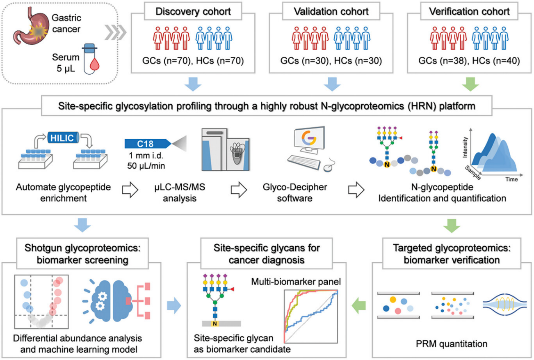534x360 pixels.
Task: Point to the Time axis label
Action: tap(511, 179)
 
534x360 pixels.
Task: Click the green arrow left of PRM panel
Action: tap(360, 305)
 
